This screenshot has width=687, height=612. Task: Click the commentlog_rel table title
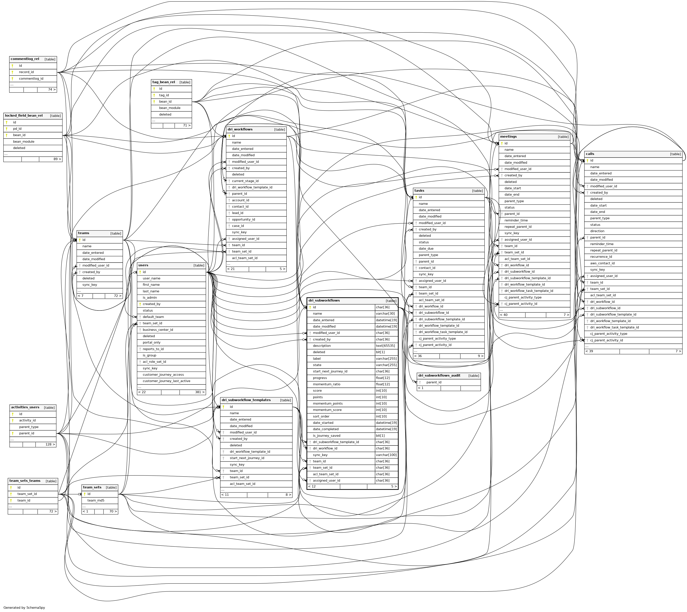tap(25, 59)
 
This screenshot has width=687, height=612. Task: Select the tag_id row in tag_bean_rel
tap(164, 95)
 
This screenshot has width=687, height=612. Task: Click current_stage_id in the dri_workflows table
tap(245, 181)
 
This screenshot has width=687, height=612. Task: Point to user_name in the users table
tap(151, 278)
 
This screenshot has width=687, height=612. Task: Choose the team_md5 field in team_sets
tap(96, 500)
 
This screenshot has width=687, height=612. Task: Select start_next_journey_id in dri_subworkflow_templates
tap(247, 458)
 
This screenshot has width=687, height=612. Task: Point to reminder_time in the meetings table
tap(516, 220)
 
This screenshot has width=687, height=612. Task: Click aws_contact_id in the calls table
tap(602, 263)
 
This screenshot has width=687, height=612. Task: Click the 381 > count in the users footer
tap(200, 392)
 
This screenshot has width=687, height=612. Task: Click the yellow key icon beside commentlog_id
tap(12, 79)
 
